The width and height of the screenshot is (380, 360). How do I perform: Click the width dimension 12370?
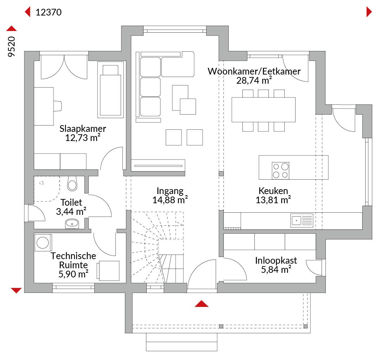click(x=49, y=12)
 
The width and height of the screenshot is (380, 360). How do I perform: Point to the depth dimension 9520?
click(x=11, y=47)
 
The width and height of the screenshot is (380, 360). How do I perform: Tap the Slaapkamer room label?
click(x=83, y=129)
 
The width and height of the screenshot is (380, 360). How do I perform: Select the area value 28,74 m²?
click(x=254, y=81)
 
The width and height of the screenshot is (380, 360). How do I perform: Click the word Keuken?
click(x=273, y=191)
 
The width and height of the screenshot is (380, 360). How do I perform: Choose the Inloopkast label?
click(x=276, y=261)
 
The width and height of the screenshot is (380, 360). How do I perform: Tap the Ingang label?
click(x=170, y=191)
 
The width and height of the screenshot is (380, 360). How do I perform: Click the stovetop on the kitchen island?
click(x=281, y=171)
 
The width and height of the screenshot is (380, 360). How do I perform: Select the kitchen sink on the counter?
click(x=302, y=220)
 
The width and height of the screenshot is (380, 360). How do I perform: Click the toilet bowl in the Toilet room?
click(x=72, y=184)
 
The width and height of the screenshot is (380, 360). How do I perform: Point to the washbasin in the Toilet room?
click(x=72, y=224)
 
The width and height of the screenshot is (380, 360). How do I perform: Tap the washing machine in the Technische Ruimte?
click(x=43, y=242)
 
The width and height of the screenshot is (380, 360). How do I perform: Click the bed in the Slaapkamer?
click(x=110, y=90)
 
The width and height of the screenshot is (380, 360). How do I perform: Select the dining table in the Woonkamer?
click(x=264, y=110)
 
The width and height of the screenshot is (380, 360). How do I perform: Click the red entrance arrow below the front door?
click(x=201, y=304)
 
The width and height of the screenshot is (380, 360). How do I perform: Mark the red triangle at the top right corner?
click(x=369, y=12)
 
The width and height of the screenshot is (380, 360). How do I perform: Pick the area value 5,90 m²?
click(x=74, y=274)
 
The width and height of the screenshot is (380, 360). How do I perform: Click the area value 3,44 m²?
click(x=71, y=212)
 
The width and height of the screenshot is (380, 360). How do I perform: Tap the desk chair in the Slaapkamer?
click(x=58, y=106)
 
